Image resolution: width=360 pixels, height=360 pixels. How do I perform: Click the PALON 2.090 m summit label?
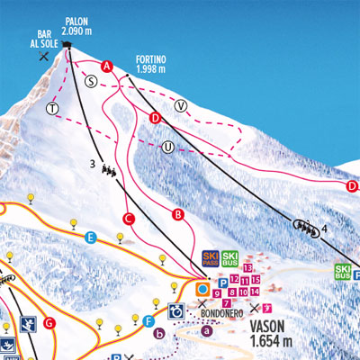pos(83,26)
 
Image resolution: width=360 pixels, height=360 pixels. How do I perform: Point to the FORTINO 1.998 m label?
pos(151,62)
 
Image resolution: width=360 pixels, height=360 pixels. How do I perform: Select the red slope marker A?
pos(107,66)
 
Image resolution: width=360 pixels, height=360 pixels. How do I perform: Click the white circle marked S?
pos(90,80)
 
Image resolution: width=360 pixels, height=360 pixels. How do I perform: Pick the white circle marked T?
pos(52,109)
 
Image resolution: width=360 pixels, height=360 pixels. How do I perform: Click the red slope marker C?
pos(129,218)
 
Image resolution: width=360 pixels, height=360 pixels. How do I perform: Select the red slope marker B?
pos(178,214)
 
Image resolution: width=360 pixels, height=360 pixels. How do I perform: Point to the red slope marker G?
pos(49,322)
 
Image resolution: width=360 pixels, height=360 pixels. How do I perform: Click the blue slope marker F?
pos(149,321)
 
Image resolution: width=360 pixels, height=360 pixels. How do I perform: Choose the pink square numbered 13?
pos(247,269)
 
